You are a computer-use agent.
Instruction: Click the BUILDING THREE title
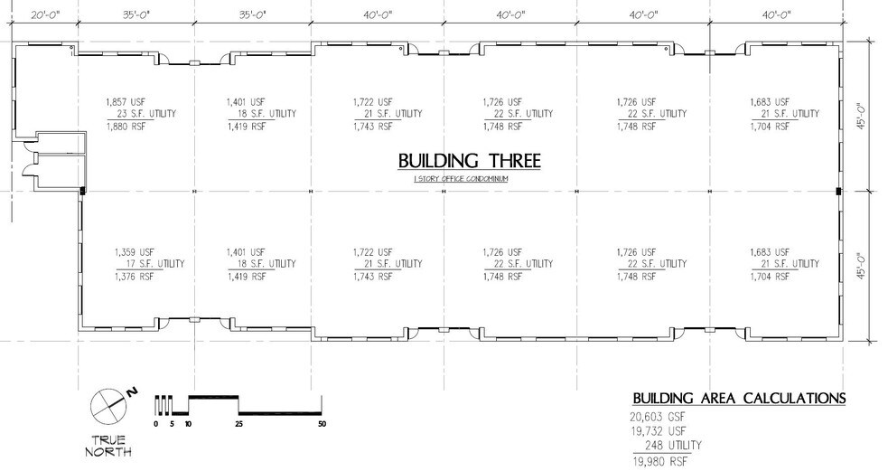click(469, 161)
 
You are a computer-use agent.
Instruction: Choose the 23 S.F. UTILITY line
click(143, 114)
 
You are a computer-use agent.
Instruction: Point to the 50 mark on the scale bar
click(322, 424)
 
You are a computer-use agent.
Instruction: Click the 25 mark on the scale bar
click(238, 424)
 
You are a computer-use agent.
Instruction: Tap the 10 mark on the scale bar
click(188, 424)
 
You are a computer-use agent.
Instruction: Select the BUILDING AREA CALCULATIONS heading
click(739, 398)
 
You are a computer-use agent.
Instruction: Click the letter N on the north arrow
click(131, 391)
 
